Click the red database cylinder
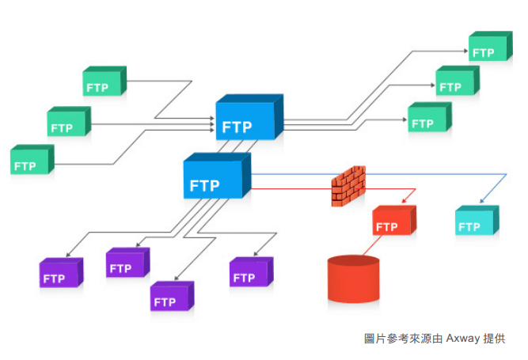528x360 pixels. click(353, 280)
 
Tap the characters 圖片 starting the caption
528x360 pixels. click(374, 338)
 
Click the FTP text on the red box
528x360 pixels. click(386, 227)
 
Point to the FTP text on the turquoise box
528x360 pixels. click(469, 227)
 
